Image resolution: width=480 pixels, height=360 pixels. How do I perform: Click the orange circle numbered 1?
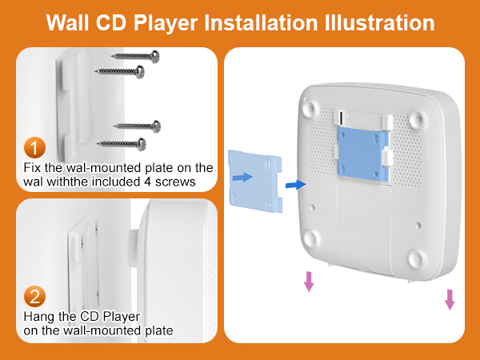coord(34,147)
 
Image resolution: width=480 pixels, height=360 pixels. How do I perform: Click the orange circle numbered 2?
coord(34,298)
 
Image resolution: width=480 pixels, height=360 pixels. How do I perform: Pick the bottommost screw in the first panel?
coord(121,142)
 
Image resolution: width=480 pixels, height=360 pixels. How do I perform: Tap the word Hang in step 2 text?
coord(39,317)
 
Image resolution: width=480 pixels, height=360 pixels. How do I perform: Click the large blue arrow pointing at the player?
coord(295,185)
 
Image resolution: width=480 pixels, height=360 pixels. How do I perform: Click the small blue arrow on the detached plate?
coord(241,177)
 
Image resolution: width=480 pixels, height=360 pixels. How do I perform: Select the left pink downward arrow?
coord(309,280)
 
